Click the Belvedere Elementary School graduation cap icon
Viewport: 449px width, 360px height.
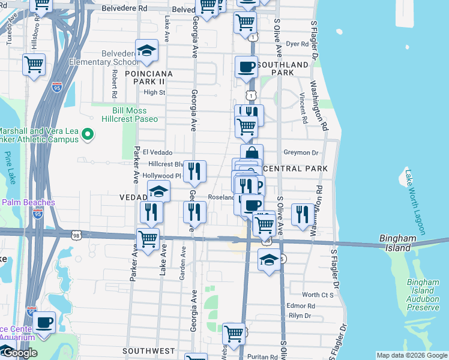[146, 51]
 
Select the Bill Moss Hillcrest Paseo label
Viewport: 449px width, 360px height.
[135, 115]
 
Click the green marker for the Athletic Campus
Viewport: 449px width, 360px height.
[88, 134]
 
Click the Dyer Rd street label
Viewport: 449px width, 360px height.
[297, 44]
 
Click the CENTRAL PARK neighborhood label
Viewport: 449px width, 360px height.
[295, 169]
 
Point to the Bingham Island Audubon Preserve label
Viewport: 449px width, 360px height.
[423, 295]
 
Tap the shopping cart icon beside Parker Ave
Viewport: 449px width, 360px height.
[148, 238]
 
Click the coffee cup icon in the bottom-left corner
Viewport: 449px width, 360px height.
[44, 322]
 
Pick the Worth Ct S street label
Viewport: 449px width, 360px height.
[318, 295]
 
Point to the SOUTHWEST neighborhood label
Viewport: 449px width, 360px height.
[148, 350]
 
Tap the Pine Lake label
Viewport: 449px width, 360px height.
[9, 167]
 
